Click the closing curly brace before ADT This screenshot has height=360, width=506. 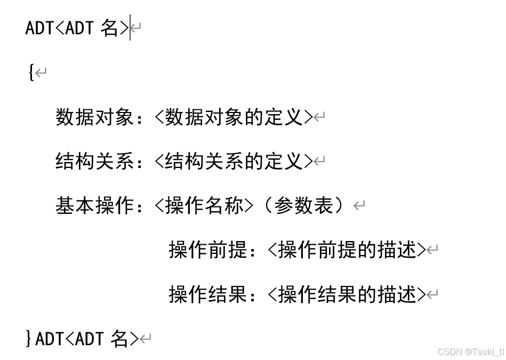point(29,338)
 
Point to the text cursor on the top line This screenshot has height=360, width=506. point(130,27)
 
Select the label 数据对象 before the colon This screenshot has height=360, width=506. point(94,117)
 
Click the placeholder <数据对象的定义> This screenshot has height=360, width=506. point(233,117)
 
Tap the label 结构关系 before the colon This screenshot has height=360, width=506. point(94,161)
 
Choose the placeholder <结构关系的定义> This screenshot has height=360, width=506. point(233,161)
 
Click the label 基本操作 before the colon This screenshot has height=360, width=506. point(94,205)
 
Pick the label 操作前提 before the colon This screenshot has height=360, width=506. point(208,250)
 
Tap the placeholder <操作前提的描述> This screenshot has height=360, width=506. point(347,250)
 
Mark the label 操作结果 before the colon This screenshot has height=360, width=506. point(208,294)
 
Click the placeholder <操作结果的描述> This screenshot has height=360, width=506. point(347,294)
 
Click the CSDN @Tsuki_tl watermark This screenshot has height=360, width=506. point(470,352)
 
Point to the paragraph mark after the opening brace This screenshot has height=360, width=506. point(41,73)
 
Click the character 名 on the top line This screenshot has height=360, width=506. point(110,28)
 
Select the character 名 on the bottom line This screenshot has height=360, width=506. point(120,338)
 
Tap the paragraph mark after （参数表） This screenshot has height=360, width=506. point(359,206)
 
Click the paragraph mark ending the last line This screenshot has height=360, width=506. point(146,339)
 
